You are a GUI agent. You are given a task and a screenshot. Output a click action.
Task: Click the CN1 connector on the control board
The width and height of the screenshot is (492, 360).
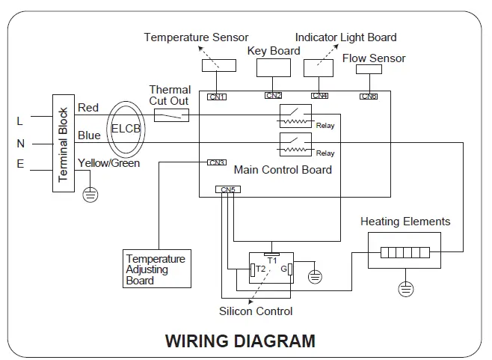point(217,97)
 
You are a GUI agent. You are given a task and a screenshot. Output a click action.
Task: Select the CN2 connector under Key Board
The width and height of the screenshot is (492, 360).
point(273,95)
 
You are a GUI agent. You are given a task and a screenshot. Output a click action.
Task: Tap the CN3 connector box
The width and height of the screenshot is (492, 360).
point(217,162)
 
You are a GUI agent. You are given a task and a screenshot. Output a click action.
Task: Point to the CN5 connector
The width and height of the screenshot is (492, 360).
point(228,189)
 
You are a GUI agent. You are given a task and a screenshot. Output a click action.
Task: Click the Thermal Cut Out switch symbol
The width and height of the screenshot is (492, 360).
point(172,115)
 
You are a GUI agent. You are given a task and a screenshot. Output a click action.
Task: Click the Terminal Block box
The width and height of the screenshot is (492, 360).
point(64,143)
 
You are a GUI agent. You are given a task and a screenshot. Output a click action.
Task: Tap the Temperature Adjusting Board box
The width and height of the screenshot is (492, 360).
point(157,269)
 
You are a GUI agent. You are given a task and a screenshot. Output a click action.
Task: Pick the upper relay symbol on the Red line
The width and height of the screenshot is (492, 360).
point(295,116)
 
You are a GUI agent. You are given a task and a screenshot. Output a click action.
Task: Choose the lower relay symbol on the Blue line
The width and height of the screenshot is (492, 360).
point(295,144)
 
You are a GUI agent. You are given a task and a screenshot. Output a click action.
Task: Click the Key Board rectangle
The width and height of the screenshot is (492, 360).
point(274,68)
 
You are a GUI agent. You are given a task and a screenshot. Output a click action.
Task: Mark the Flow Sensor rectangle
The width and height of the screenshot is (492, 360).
point(369,69)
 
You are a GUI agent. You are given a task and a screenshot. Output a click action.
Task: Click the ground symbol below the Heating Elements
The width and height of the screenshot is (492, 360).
point(406,289)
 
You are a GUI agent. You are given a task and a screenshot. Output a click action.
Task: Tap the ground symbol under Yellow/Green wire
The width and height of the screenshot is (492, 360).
point(90,195)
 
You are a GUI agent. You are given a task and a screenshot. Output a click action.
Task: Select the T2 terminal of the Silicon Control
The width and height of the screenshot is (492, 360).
point(253,270)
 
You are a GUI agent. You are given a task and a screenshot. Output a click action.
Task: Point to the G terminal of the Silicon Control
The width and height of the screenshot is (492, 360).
point(290,269)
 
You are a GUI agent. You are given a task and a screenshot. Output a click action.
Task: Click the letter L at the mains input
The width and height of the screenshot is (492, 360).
point(19,121)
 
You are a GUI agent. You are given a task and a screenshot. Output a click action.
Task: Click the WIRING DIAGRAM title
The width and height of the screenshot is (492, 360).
point(240,341)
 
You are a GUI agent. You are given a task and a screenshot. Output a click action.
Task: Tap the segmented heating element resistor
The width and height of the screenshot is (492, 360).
point(405,252)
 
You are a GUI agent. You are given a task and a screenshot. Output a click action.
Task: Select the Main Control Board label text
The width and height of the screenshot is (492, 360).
point(283,170)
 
